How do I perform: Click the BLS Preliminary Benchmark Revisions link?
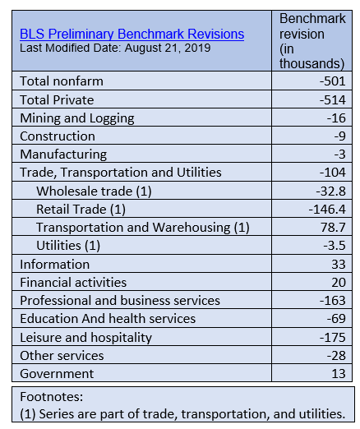(132, 35)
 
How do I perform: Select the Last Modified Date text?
(115, 48)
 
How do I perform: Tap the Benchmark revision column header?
(312, 41)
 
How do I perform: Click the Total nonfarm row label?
(62, 81)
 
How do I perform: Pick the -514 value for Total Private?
(333, 99)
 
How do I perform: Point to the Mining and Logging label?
(77, 118)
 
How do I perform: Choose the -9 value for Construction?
(340, 136)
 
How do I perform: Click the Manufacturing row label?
(63, 155)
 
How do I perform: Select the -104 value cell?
(333, 173)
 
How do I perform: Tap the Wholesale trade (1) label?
(94, 191)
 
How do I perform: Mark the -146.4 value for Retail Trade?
(327, 210)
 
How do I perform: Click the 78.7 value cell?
(334, 228)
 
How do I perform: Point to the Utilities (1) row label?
(68, 246)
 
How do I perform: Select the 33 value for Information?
(339, 265)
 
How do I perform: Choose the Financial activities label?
(73, 283)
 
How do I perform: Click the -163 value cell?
(333, 301)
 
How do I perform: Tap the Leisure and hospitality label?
(86, 338)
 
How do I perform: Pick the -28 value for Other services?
(336, 356)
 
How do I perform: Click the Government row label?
(57, 374)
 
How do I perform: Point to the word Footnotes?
(52, 397)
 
